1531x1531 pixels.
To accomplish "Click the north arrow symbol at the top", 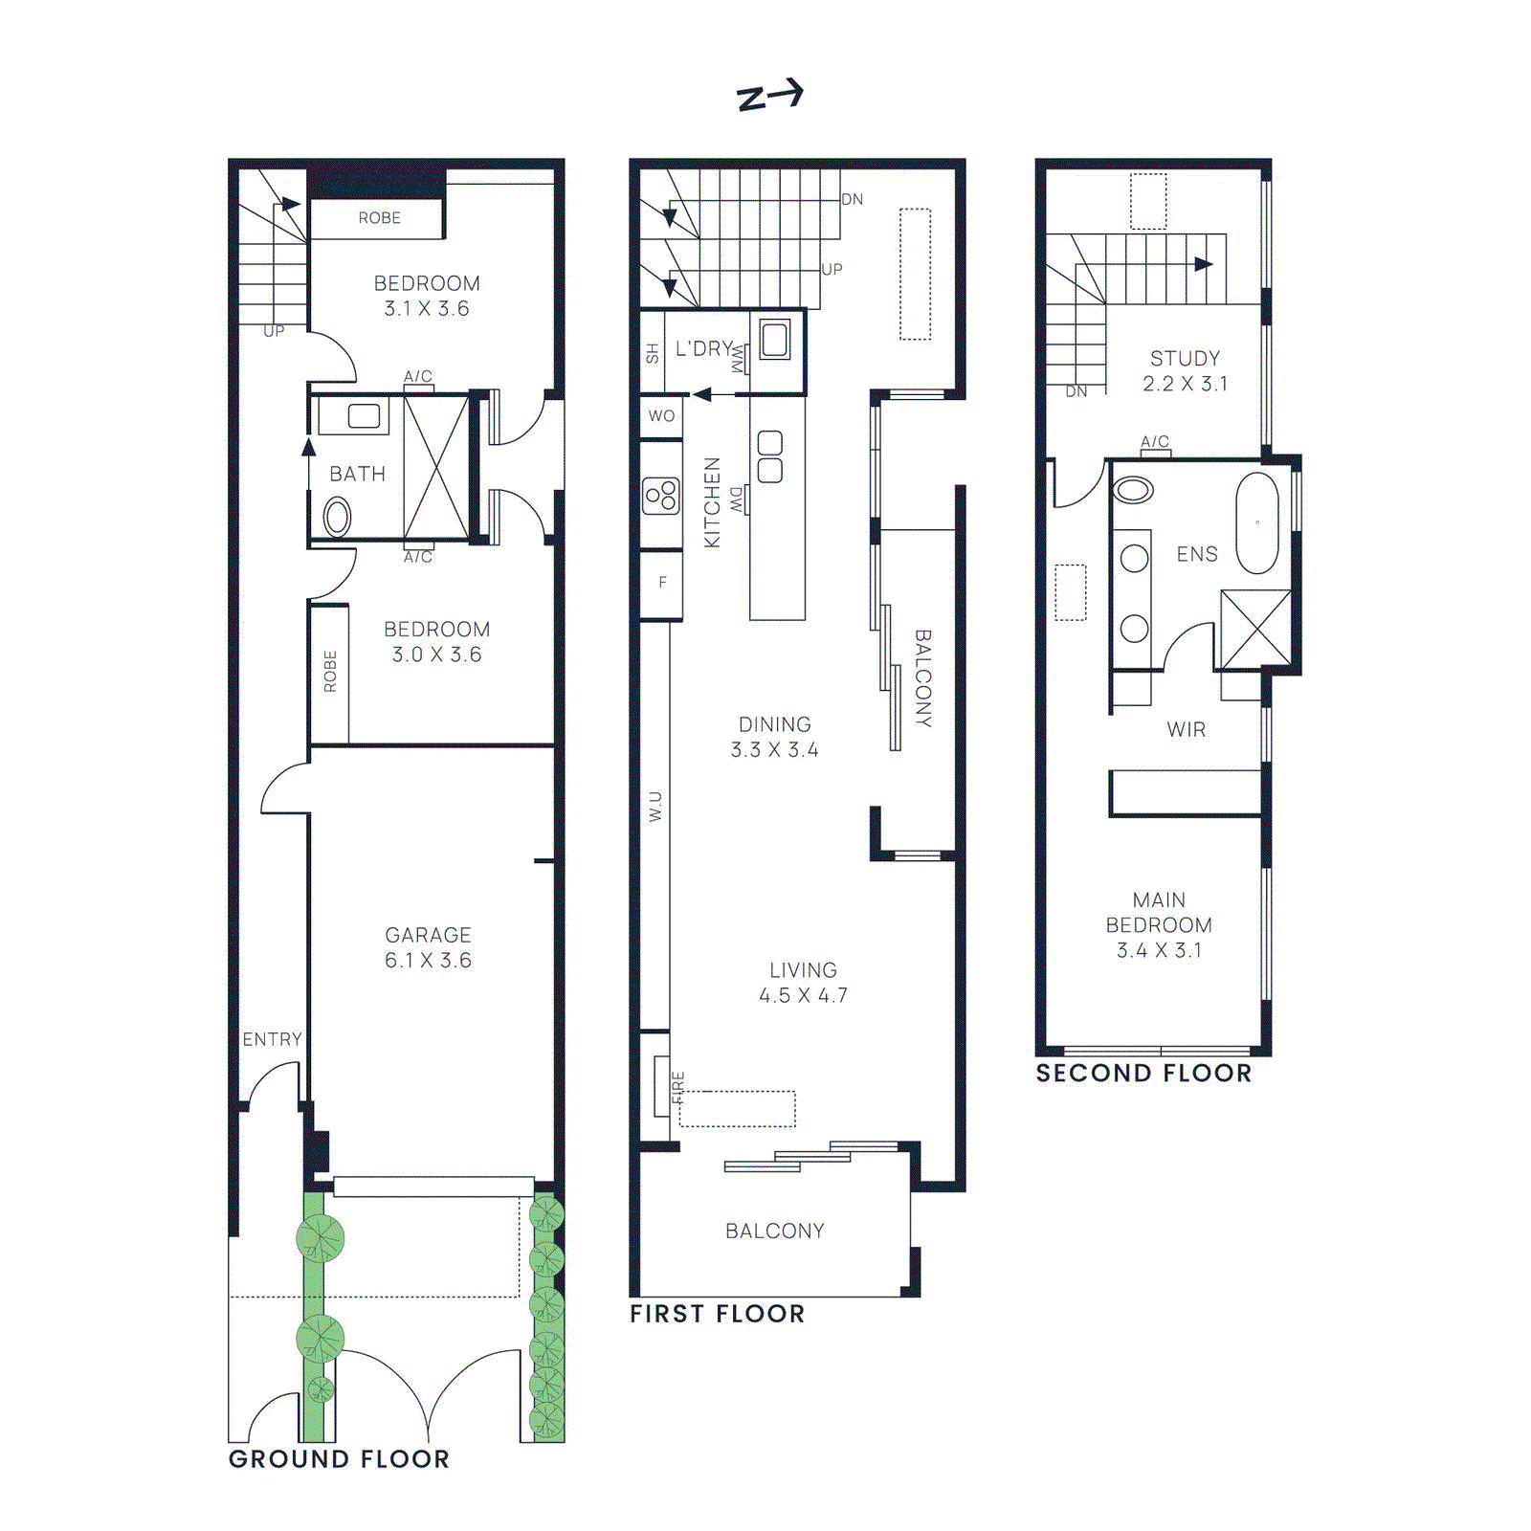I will click(769, 95).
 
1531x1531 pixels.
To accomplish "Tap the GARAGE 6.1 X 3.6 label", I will click(428, 947).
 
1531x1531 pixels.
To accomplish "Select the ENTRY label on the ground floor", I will click(272, 1039).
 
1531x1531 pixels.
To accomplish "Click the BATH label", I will click(357, 474).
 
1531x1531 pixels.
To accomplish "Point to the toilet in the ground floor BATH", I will click(337, 517).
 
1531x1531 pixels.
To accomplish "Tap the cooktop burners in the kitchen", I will click(660, 496).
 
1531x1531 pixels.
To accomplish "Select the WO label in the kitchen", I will click(661, 416).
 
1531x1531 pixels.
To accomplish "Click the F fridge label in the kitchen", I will click(662, 582).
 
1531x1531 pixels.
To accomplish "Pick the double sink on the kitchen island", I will click(769, 456).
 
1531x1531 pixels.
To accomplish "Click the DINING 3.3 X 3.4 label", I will click(774, 737).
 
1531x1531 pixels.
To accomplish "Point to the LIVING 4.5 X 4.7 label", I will click(803, 983).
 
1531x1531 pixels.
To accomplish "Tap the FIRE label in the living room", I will click(678, 1087).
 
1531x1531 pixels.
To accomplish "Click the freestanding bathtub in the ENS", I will click(1256, 522).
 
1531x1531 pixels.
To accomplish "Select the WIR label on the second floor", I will click(1186, 729).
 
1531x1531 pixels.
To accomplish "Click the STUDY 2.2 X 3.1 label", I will click(1185, 370).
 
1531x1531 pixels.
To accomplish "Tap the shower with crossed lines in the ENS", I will click(1255, 629).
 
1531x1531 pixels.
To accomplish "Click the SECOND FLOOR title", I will click(1143, 1074).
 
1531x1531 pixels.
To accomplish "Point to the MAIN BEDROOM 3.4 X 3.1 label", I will click(1159, 924).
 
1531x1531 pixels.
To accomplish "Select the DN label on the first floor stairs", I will click(852, 200).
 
